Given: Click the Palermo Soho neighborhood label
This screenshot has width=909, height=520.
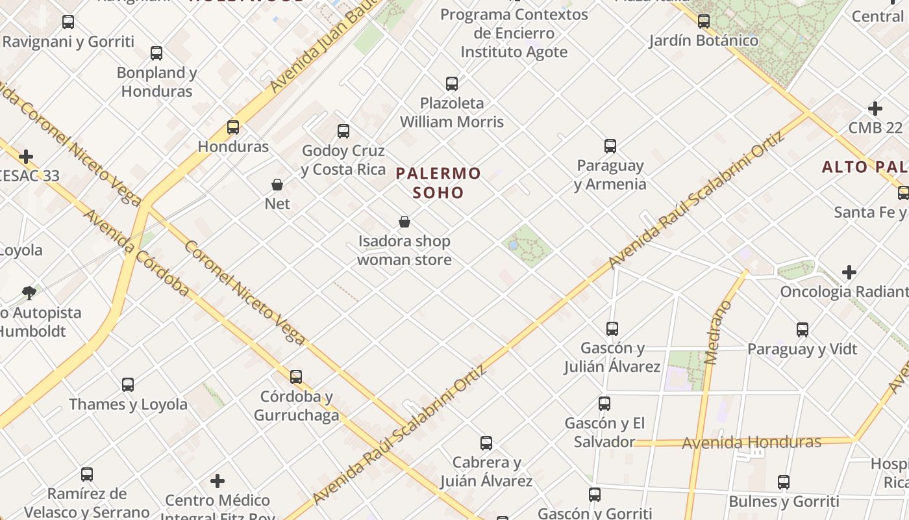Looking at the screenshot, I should click(438, 183).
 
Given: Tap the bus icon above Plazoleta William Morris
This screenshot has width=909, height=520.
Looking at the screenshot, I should click(452, 84).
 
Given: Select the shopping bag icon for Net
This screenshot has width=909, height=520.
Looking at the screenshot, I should click(277, 185).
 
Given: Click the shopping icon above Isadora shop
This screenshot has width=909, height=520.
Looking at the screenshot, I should click(405, 222).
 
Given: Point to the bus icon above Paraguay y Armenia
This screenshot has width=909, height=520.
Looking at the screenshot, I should click(610, 146).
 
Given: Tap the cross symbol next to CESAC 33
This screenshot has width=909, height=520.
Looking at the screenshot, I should click(26, 157).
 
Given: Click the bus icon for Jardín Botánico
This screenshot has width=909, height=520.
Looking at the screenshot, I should click(704, 21).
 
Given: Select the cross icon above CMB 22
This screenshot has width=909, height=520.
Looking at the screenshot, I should click(875, 109).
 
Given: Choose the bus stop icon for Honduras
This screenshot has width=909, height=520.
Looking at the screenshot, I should click(233, 127).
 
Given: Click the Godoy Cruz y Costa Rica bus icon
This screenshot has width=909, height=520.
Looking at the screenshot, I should click(343, 131).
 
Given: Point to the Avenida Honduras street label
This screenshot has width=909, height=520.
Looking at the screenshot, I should click(751, 443).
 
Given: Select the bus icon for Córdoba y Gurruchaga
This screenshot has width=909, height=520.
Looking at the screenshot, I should click(296, 377).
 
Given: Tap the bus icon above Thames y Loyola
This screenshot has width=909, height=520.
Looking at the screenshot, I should click(128, 385).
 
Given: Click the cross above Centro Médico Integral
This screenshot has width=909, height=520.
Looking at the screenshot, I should click(218, 481).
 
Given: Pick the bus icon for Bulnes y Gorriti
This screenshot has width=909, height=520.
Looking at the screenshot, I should click(784, 482).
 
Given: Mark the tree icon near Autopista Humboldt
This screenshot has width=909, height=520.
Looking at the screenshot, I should click(29, 292).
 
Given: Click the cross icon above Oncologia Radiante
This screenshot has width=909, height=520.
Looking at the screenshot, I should click(849, 272).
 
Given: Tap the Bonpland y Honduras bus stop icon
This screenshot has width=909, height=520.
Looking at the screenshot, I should click(156, 53).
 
